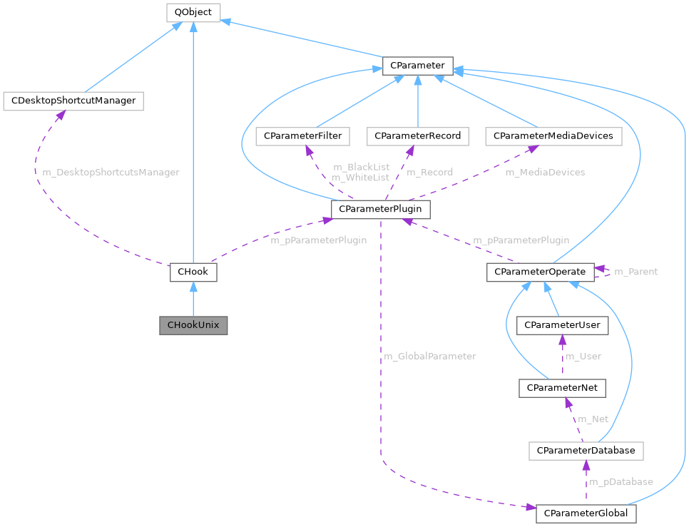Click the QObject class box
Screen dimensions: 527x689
point(193,12)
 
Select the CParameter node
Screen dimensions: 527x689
point(417,66)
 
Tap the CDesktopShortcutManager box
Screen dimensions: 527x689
point(73,101)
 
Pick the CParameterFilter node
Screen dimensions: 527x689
point(303,135)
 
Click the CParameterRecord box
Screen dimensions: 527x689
point(418,135)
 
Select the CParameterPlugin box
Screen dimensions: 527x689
point(381,209)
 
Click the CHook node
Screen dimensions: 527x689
point(193,272)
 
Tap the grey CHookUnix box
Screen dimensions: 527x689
point(193,325)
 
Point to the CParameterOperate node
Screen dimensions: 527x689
point(540,272)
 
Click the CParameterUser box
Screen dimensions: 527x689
point(563,325)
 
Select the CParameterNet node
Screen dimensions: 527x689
point(563,389)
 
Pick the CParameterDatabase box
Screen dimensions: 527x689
point(586,451)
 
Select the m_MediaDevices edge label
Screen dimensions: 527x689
point(545,172)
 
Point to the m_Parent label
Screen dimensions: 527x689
point(636,272)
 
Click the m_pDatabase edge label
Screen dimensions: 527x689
point(621,482)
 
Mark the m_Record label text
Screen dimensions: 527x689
point(429,172)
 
